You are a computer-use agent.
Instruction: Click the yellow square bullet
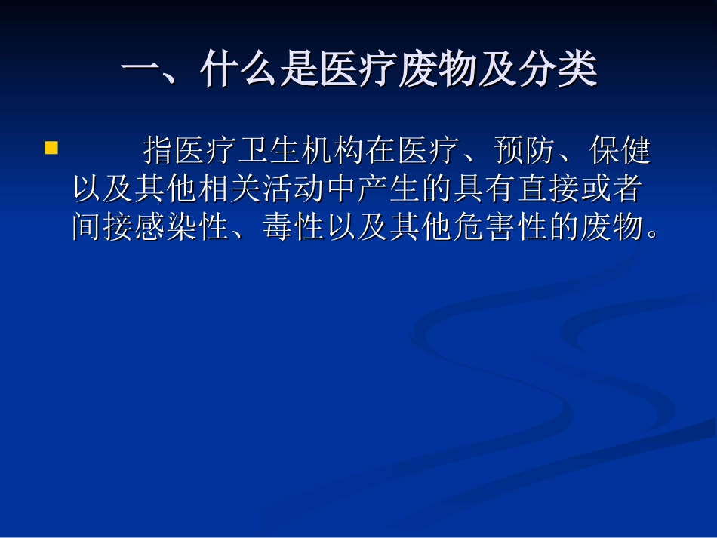51,147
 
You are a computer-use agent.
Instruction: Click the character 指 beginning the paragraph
158,151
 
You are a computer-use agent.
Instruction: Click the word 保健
619,151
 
